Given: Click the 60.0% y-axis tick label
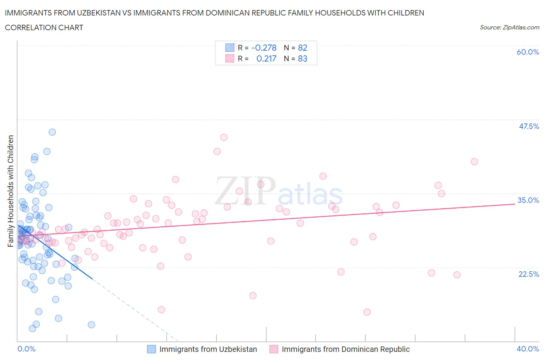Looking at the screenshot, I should (528, 52).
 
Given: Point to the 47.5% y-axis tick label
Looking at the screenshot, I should (529, 126).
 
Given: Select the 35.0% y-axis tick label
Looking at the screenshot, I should (528, 200).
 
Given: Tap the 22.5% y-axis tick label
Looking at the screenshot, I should (529, 274).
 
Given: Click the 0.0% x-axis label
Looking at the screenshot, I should (26, 349).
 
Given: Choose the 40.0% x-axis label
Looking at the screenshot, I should (528, 349).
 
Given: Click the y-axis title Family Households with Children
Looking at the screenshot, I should (11, 191).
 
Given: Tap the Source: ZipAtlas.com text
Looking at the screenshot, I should (509, 27).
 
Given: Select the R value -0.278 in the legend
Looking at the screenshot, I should (264, 48).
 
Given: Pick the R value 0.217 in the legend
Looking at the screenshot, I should (266, 58).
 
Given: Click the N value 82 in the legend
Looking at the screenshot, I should (303, 48).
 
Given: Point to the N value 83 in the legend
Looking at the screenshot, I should (303, 58).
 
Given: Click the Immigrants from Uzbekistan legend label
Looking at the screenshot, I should (208, 349).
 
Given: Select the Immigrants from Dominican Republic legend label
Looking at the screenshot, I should (346, 349).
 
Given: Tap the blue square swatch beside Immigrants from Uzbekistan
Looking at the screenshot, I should (152, 349).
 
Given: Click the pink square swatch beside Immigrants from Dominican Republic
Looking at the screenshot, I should (274, 349).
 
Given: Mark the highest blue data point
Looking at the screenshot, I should (52, 132).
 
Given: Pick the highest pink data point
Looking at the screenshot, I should (224, 137).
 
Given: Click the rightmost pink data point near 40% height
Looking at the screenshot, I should (474, 162).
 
